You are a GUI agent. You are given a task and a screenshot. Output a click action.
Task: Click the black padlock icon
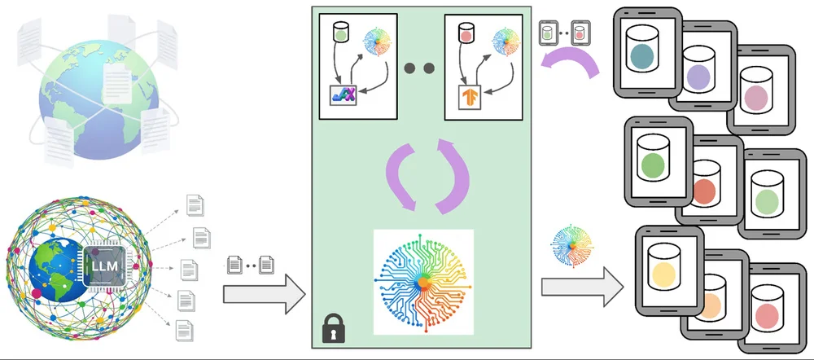click(334, 327)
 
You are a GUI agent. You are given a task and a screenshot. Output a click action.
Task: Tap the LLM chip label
click(104, 266)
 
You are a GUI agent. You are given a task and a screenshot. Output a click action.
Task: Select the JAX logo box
click(344, 95)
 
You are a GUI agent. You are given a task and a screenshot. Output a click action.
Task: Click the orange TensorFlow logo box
click(470, 97)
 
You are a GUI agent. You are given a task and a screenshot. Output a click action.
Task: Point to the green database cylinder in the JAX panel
click(340, 33)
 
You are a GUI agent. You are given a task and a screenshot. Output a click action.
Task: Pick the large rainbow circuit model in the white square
click(423, 282)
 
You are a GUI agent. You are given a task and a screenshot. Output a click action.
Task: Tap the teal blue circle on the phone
click(642, 56)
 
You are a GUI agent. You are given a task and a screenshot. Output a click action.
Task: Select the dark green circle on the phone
click(653, 165)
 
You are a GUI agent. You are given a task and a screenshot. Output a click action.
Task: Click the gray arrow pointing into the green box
click(265, 294)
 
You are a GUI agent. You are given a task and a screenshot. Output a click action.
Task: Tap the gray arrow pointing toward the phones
click(582, 287)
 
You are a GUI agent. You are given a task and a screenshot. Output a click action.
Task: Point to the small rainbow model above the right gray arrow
click(572, 245)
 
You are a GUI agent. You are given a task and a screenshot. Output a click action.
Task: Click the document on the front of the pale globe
click(117, 83)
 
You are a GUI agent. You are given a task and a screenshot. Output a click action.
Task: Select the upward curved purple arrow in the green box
click(451, 176)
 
